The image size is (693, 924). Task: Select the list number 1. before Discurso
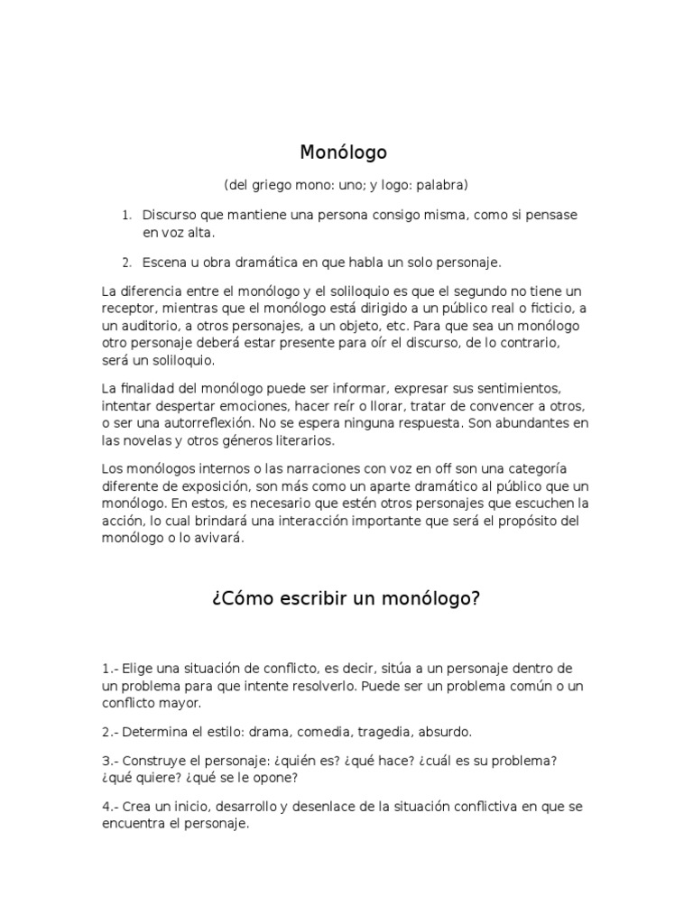(x=127, y=216)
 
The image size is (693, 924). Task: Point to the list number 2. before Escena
(x=127, y=263)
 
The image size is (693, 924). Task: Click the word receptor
(x=129, y=309)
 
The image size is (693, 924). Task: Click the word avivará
(x=216, y=539)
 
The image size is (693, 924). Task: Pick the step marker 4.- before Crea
(x=110, y=807)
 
